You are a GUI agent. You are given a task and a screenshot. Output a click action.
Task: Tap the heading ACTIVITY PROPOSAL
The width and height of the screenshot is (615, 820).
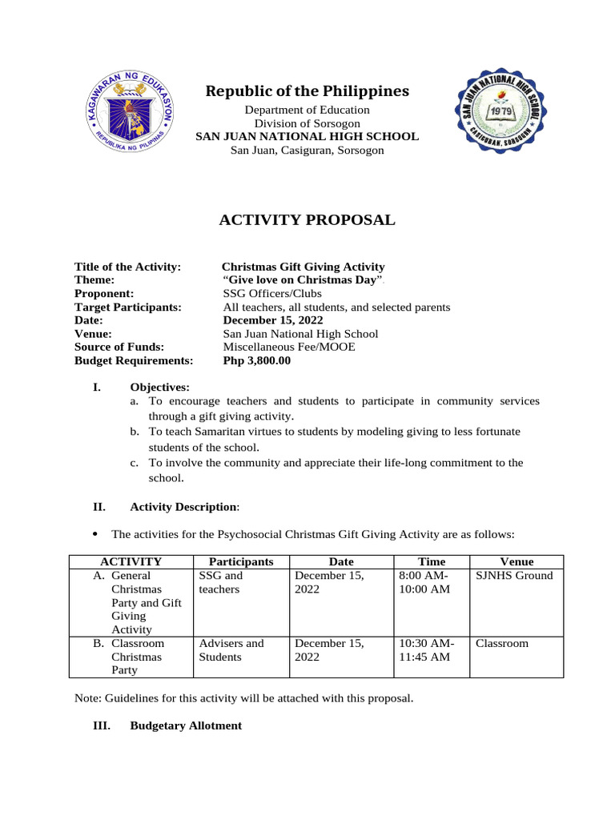[x=307, y=220]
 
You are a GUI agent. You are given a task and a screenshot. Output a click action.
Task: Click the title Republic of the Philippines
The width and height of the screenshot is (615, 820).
[x=307, y=91]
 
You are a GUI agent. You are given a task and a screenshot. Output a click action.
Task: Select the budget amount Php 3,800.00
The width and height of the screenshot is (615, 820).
[x=256, y=361]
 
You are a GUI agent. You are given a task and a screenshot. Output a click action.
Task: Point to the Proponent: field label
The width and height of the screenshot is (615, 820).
[x=104, y=294]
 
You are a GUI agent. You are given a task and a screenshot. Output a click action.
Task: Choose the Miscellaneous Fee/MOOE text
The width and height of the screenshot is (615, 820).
[x=288, y=348]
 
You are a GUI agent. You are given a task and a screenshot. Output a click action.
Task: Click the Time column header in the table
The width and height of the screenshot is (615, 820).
[x=432, y=562]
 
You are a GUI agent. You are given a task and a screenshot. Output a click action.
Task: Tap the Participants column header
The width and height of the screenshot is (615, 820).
[x=240, y=562]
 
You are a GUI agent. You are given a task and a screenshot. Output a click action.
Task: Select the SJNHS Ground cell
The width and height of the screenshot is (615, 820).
[x=514, y=576]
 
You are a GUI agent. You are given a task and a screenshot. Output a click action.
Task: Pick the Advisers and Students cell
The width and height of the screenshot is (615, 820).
[x=231, y=650]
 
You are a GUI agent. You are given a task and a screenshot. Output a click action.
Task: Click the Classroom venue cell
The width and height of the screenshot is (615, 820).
[x=502, y=643]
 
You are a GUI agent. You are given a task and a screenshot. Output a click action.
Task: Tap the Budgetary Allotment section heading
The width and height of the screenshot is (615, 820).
[x=185, y=726]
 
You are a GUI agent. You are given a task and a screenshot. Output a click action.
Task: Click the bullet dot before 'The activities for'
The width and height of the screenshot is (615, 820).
[x=95, y=533]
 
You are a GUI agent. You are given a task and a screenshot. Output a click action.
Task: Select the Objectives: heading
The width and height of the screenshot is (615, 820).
[x=159, y=388]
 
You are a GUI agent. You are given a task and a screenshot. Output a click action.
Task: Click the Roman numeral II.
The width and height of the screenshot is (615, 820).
[x=99, y=506]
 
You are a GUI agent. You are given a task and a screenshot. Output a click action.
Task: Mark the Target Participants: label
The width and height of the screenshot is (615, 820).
[x=128, y=307]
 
